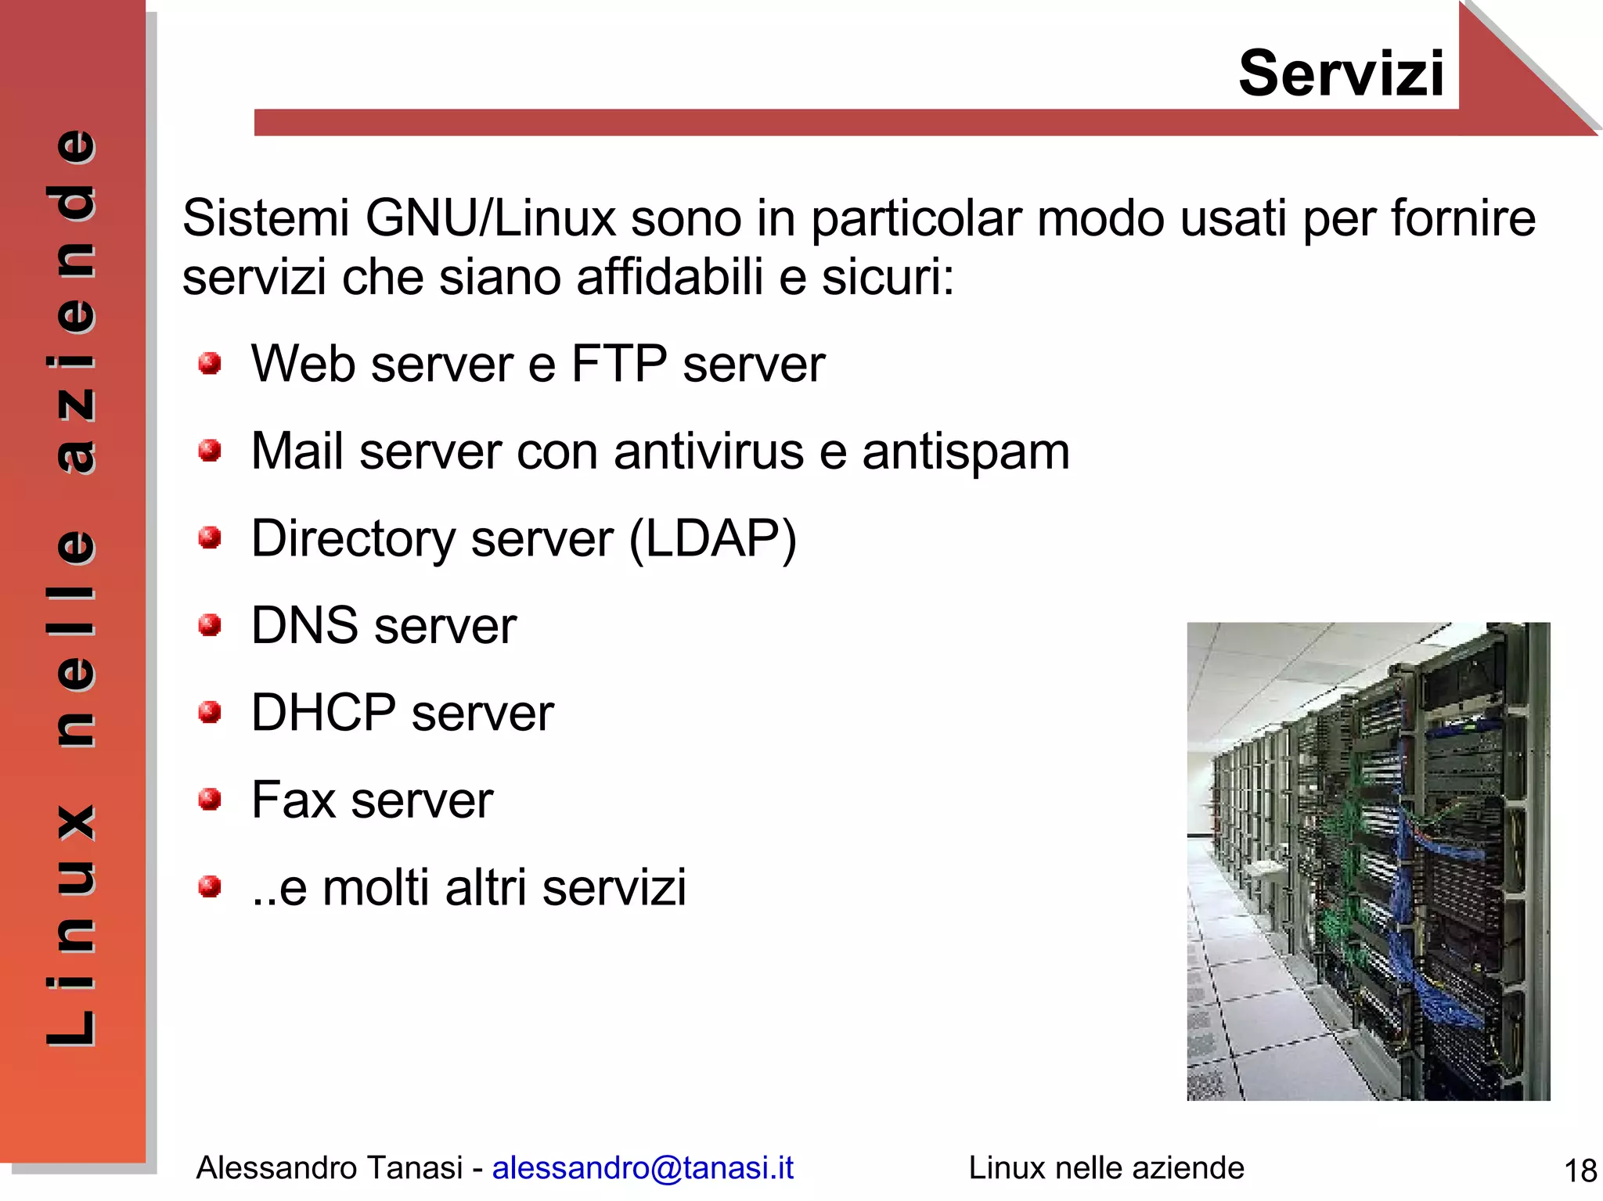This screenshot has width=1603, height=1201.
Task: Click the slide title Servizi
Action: [1340, 74]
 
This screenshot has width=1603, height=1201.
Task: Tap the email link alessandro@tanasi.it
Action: [643, 1167]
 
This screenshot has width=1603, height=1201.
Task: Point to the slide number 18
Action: [1580, 1171]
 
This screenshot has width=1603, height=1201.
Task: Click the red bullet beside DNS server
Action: [209, 625]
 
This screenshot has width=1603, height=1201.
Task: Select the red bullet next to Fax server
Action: [209, 800]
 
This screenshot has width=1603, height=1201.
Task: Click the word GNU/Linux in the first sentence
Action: [491, 218]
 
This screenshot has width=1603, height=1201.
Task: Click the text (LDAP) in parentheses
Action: [712, 539]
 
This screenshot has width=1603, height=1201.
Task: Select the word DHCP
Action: [323, 713]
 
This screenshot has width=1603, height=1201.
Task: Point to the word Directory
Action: [353, 539]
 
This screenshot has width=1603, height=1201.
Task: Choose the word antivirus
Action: [708, 452]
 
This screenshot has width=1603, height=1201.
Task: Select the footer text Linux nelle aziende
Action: [1106, 1167]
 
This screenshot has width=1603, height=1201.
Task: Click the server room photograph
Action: [1367, 861]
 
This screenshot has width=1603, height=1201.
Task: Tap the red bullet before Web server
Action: [209, 364]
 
